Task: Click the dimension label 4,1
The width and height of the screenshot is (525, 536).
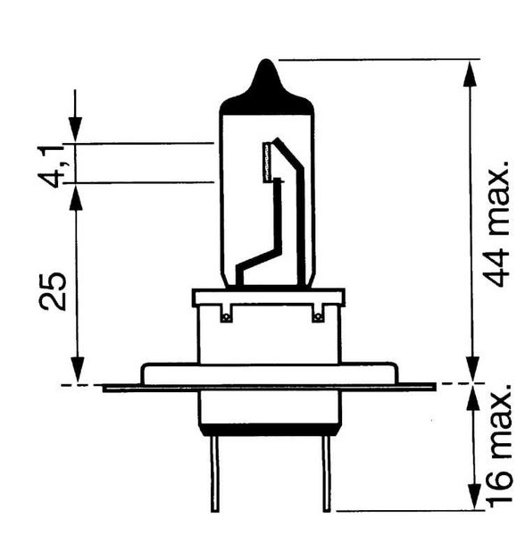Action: (51, 165)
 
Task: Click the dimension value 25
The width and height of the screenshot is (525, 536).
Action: (53, 291)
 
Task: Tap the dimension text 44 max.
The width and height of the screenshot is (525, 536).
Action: (498, 224)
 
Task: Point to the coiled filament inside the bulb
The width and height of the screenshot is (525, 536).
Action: (267, 162)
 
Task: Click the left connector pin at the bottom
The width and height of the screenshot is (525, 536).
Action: (214, 473)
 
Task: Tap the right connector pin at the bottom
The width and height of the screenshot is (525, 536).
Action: (327, 473)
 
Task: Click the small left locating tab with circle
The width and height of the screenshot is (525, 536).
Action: (225, 314)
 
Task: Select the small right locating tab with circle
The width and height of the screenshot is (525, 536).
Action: (319, 314)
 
